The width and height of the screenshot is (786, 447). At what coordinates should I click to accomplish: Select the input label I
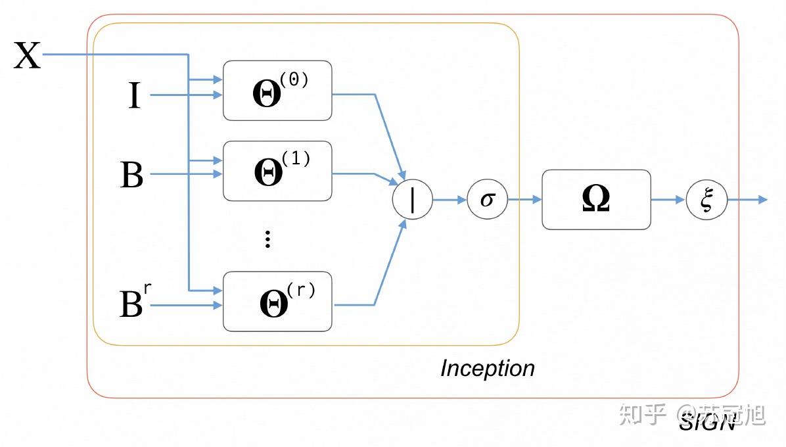[x=134, y=96]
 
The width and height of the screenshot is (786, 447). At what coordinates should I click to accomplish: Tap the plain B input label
[x=131, y=175]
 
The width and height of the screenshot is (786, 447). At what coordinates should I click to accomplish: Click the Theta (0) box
[x=277, y=91]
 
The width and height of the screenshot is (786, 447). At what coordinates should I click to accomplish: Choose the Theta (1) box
[x=277, y=171]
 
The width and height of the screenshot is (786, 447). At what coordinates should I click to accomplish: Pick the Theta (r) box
[x=277, y=301]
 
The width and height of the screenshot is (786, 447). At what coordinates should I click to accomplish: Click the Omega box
[x=596, y=199]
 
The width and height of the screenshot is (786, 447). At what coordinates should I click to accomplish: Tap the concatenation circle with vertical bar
[x=412, y=199]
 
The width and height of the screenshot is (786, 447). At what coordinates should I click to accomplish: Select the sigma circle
[x=487, y=199]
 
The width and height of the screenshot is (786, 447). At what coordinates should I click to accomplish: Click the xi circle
[x=706, y=199]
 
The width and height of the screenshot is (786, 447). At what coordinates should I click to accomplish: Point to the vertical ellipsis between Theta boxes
[x=267, y=239]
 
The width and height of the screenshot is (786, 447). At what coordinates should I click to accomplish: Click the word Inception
[x=487, y=368]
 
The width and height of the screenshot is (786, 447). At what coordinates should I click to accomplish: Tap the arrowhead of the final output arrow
[x=762, y=199]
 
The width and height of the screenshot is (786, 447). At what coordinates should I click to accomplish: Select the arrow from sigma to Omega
[x=524, y=199]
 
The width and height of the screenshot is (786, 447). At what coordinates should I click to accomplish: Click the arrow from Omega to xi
[x=668, y=199]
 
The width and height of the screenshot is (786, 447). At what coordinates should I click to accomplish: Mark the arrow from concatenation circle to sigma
[x=450, y=199]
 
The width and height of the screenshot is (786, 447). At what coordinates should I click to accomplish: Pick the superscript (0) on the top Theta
[x=294, y=79]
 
